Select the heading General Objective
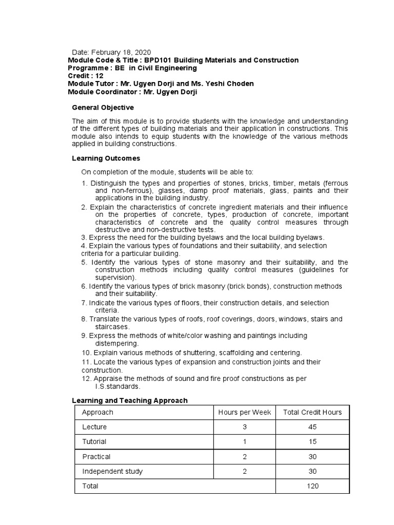pyautogui.click(x=103, y=108)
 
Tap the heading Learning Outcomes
pyautogui.click(x=106, y=158)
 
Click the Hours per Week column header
pyautogui.click(x=245, y=412)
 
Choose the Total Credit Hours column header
pyautogui.click(x=312, y=412)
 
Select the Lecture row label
pyautogui.click(x=94, y=427)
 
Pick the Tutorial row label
pyautogui.click(x=94, y=441)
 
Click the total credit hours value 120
pyautogui.click(x=312, y=486)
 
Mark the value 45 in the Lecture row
pyautogui.click(x=312, y=427)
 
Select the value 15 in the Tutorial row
pyautogui.click(x=312, y=441)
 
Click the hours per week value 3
pyautogui.click(x=245, y=427)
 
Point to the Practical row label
pyautogui.click(x=96, y=456)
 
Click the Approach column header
pyautogui.click(x=97, y=412)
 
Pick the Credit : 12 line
pyautogui.click(x=86, y=76)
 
